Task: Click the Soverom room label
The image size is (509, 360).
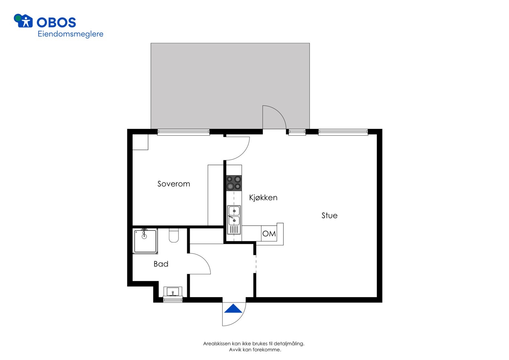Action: (x=174, y=184)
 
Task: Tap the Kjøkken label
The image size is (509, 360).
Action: (x=263, y=198)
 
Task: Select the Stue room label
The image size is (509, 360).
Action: (x=329, y=215)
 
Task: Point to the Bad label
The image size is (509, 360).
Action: (x=161, y=264)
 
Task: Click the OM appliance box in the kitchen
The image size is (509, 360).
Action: (x=269, y=234)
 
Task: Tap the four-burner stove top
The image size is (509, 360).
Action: (x=234, y=183)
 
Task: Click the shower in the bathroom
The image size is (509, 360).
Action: (x=145, y=241)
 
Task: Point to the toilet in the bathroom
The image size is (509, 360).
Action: (x=174, y=236)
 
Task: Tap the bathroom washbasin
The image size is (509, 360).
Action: (x=173, y=292)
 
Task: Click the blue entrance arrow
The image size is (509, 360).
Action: (x=234, y=309)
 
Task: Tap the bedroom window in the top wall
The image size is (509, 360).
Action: (x=184, y=132)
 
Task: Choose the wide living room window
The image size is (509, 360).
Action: (x=343, y=132)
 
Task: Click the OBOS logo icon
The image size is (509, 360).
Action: (x=23, y=21)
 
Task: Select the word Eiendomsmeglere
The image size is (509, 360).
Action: (x=70, y=34)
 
